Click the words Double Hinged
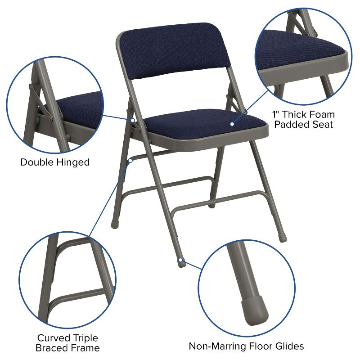[55, 162]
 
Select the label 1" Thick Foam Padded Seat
[304, 119]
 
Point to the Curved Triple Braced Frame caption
[68, 342]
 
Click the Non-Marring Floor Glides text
[246, 346]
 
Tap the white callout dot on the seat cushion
[232, 124]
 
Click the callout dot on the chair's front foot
[180, 260]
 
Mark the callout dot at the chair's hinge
[133, 120]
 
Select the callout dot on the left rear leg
[130, 160]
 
